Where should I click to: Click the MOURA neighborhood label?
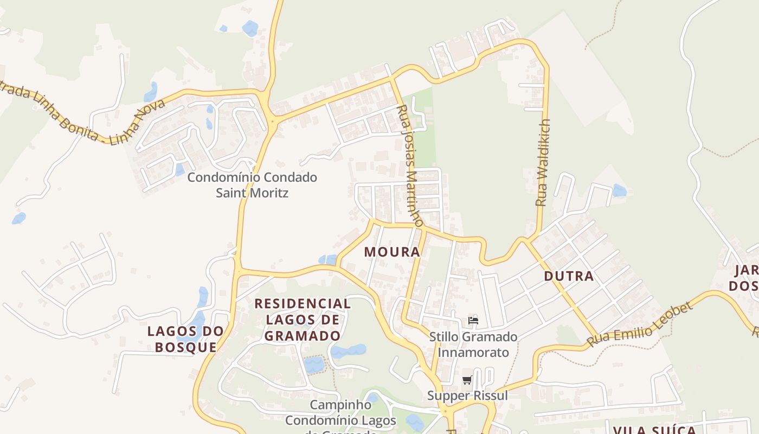[x=392, y=252]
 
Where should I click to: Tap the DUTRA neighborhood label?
[x=569, y=276]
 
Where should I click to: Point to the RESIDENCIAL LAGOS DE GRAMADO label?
[x=303, y=320]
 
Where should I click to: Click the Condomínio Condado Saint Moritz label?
[x=252, y=185]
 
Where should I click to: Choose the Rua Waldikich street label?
[x=543, y=162]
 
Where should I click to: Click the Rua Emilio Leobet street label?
[x=640, y=324]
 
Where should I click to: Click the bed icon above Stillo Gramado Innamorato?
[x=473, y=321]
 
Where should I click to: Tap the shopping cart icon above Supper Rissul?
[x=467, y=380]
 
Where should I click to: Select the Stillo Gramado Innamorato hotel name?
[x=473, y=344]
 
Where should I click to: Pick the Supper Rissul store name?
[x=467, y=395]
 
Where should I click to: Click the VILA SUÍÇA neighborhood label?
[x=654, y=430]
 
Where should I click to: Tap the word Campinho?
[x=341, y=405]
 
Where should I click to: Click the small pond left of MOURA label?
[x=327, y=260]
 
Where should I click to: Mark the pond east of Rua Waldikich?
[x=620, y=190]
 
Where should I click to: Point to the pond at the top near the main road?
[x=250, y=28]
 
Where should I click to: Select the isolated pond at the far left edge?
[x=19, y=218]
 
